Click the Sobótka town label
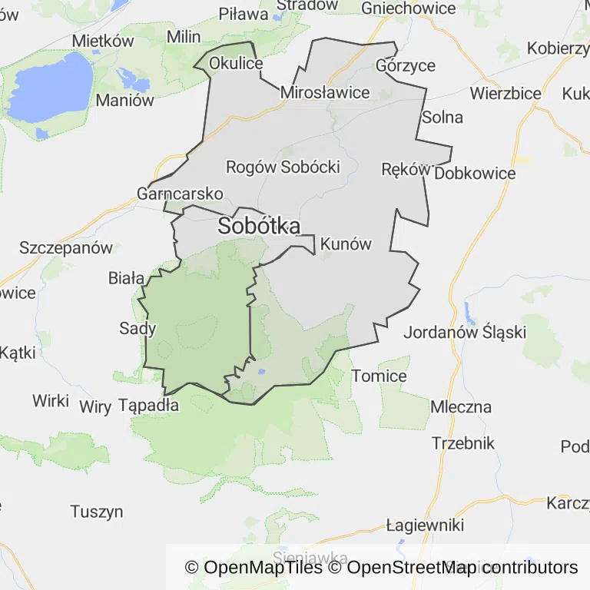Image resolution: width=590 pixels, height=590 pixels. click(x=259, y=226)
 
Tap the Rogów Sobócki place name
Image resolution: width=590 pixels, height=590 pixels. click(x=283, y=167)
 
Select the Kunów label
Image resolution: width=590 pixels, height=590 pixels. click(x=346, y=245)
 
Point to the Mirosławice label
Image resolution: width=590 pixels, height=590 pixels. click(x=325, y=93)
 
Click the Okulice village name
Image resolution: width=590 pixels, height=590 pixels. click(x=236, y=63)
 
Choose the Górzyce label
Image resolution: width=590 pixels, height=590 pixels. click(x=406, y=65)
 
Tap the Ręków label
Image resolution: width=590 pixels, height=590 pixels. click(x=405, y=170)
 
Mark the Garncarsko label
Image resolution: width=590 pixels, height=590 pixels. click(x=180, y=193)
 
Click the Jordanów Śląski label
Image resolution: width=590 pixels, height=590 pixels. click(x=465, y=333)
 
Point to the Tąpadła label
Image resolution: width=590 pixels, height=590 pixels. click(x=149, y=405)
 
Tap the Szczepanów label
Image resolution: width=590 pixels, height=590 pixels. click(x=66, y=248)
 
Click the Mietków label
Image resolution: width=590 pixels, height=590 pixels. click(x=103, y=41)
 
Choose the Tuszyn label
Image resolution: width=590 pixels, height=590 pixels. click(x=97, y=512)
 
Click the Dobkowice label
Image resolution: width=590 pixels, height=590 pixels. click(x=475, y=174)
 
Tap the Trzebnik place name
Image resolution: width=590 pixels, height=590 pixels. click(x=463, y=443)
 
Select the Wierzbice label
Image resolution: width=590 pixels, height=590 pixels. click(x=505, y=94)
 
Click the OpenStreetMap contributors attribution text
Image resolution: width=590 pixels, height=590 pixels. click(x=462, y=568)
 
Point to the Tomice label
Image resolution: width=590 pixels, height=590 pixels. click(x=380, y=376)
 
